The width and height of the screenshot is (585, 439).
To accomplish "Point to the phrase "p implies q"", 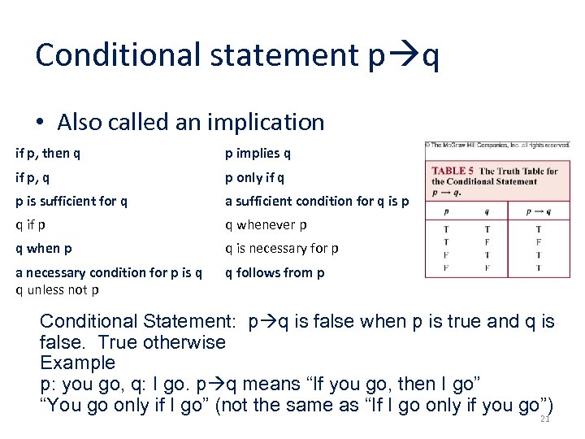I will tap(258, 153).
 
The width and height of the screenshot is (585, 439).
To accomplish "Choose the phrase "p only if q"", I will tap(255, 177).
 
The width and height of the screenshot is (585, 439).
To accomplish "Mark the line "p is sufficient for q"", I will tap(71, 201).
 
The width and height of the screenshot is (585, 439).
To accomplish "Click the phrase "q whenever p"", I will tap(266, 224).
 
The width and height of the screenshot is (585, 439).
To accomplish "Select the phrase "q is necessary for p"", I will tap(282, 248).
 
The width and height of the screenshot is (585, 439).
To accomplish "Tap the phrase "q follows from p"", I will tap(275, 272).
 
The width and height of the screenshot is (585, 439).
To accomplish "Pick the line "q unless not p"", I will tap(58, 289).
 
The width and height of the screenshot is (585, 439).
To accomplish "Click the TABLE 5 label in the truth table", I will tap(453, 171).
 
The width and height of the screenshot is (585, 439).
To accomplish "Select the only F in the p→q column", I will tap(539, 241).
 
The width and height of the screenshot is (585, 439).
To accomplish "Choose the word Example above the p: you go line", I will tap(78, 363).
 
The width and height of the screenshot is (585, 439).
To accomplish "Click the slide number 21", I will tap(544, 419).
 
